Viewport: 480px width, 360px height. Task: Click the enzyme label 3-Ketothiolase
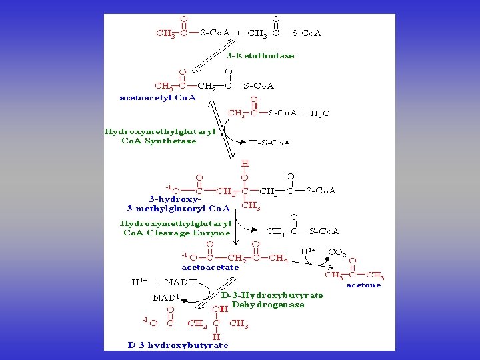[x=260, y=56]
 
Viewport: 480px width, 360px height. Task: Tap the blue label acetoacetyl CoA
[x=157, y=97]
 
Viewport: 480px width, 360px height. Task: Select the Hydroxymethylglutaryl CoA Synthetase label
[x=160, y=136]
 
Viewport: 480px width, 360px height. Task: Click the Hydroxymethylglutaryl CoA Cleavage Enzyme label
[x=176, y=229]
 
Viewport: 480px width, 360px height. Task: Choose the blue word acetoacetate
[x=210, y=267]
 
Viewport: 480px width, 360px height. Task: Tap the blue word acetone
[x=363, y=285]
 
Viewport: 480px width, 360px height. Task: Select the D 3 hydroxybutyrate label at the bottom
[x=178, y=345]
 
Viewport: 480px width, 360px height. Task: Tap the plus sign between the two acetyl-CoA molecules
[x=238, y=32]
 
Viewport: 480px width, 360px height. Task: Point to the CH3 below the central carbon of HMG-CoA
[x=251, y=206]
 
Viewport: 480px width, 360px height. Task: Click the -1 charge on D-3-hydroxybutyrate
[x=145, y=321]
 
